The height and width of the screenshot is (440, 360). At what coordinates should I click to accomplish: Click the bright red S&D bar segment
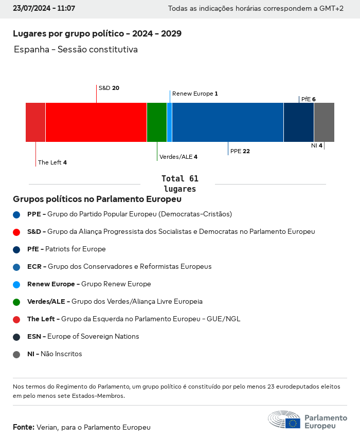tap(96, 122)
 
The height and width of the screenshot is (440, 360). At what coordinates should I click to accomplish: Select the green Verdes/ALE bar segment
tap(157, 122)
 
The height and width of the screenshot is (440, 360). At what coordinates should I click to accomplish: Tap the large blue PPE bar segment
tap(228, 122)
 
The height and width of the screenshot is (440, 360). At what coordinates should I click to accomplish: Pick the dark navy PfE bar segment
tap(299, 122)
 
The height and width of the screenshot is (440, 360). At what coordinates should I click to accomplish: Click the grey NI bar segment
tap(324, 122)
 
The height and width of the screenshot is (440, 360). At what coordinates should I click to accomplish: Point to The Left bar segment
tap(35, 122)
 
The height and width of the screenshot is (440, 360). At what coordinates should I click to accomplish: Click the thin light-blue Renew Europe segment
tap(170, 122)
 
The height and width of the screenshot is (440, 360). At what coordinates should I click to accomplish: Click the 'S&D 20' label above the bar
tap(109, 88)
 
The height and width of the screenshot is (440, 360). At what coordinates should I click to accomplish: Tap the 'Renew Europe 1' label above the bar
tap(195, 94)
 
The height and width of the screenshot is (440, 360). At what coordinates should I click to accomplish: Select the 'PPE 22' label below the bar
tap(240, 151)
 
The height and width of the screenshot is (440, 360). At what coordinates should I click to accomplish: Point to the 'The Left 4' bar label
tap(52, 162)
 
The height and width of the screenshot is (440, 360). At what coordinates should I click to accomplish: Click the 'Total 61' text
tap(180, 179)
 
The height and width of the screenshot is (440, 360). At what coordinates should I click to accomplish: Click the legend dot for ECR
tap(16, 267)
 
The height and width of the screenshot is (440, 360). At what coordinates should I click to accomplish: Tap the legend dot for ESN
tap(16, 337)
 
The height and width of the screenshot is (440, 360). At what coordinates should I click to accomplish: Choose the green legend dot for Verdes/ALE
tap(16, 302)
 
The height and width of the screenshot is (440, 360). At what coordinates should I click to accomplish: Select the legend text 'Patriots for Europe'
tap(76, 249)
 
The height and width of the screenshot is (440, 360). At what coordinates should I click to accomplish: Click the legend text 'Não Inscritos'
tap(61, 354)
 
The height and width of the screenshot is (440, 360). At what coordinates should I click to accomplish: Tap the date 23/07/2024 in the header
tap(30, 9)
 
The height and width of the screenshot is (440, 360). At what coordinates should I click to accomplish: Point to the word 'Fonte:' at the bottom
tap(24, 427)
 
